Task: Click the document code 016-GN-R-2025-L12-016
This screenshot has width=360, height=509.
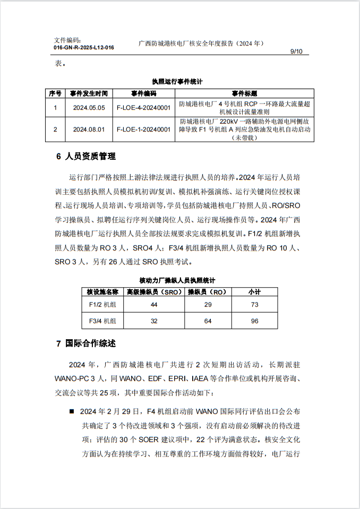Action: pyautogui.click(x=84, y=47)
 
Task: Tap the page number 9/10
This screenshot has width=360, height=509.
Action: pyautogui.click(x=296, y=51)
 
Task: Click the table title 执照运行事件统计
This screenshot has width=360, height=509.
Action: pyautogui.click(x=177, y=82)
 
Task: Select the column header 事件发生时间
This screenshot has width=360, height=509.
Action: pyautogui.click(x=89, y=93)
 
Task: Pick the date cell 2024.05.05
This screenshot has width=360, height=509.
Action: pyautogui.click(x=89, y=107)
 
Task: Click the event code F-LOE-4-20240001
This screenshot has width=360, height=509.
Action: pyautogui.click(x=143, y=107)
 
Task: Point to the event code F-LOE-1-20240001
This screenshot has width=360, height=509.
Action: pyautogui.click(x=143, y=129)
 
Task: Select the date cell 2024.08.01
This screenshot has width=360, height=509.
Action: pyautogui.click(x=89, y=129)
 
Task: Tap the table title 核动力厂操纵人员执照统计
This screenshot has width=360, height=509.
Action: pyautogui.click(x=177, y=280)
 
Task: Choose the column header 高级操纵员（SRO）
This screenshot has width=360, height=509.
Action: pyautogui.click(x=153, y=291)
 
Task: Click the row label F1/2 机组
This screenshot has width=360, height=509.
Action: pyautogui.click(x=102, y=305)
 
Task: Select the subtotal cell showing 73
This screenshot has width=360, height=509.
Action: pyautogui.click(x=254, y=305)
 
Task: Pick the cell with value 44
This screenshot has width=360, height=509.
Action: pyautogui.click(x=154, y=305)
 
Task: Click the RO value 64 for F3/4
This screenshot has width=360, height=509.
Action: pyautogui.click(x=208, y=321)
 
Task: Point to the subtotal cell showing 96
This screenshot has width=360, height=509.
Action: pyautogui.click(x=254, y=321)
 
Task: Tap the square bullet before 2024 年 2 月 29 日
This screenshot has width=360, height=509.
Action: pyautogui.click(x=71, y=411)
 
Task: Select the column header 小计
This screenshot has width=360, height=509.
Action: pyautogui.click(x=254, y=291)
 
